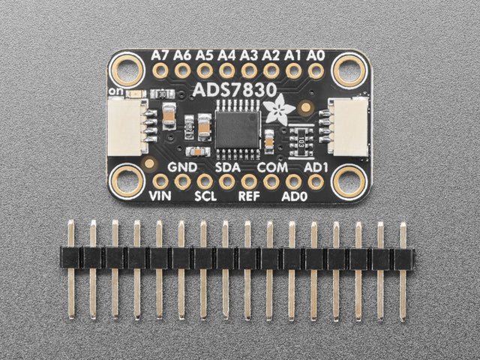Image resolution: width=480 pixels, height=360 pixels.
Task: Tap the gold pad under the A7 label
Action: (x=160, y=70)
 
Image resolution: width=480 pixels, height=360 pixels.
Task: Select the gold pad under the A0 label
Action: (x=316, y=70)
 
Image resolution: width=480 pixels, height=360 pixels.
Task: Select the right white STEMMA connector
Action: (x=346, y=124)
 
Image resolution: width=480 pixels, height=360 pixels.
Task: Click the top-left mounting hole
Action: (x=127, y=70)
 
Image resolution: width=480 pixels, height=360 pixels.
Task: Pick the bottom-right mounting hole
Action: (x=349, y=181)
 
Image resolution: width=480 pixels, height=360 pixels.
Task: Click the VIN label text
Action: (x=160, y=196)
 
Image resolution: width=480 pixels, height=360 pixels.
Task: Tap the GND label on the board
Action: (x=182, y=166)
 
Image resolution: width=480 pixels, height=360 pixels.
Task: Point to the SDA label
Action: (x=227, y=166)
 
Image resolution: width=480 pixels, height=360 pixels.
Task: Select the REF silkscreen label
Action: (x=249, y=196)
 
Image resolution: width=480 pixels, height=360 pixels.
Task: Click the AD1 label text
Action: (x=316, y=166)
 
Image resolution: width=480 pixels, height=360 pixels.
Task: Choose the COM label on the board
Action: (x=271, y=166)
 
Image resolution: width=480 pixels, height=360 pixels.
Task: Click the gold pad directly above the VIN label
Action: (x=160, y=181)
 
